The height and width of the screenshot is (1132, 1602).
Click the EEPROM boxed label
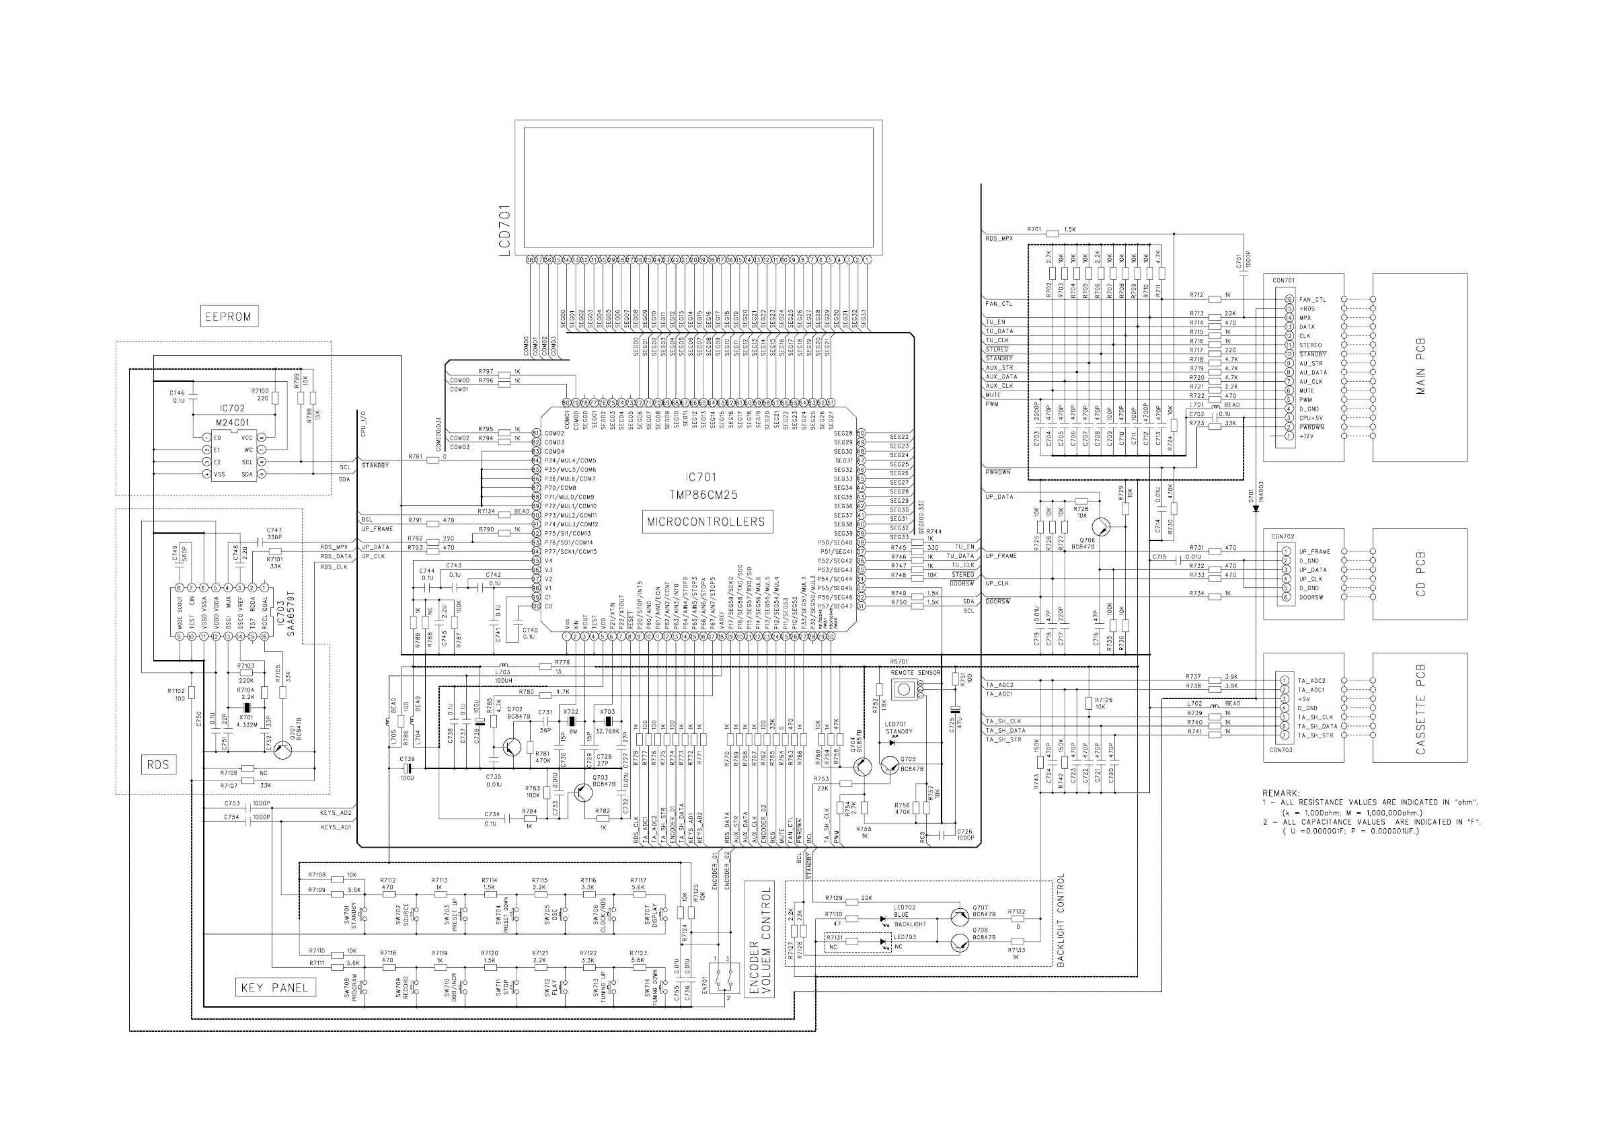228,316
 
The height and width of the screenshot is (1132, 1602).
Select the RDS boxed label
159,764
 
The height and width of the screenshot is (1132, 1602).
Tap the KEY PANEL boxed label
274,987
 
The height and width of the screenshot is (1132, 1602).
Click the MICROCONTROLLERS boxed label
706,522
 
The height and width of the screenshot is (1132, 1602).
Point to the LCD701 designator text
505,231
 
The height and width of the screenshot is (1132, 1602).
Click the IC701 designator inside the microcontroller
701,478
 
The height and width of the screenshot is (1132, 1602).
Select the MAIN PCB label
1420,367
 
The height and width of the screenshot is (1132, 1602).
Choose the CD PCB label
1420,574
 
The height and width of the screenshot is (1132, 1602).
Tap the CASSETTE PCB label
1420,709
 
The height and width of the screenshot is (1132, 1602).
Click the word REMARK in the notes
1281,793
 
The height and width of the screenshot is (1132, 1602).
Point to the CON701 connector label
1283,280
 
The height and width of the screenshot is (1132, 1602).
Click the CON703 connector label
1281,750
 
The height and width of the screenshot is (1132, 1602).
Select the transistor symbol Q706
1102,527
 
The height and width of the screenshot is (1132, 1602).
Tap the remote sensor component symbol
905,690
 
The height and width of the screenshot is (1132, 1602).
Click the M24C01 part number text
232,423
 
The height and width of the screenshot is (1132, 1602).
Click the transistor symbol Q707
962,916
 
